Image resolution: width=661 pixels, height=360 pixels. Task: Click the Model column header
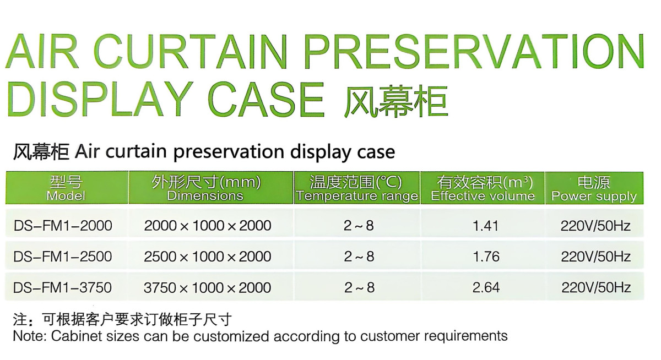(66, 188)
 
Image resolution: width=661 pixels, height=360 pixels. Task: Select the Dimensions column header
(206, 188)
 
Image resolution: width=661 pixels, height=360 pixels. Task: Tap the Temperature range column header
(357, 188)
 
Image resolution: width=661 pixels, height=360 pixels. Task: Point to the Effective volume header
(483, 188)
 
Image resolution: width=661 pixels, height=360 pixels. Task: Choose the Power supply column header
(594, 188)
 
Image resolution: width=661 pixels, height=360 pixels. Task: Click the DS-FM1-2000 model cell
(63, 226)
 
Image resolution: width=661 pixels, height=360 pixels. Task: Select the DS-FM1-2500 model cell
(63, 257)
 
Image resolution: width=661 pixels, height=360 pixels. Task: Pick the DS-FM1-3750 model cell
(63, 287)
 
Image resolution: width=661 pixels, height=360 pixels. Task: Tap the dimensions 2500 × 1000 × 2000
(208, 257)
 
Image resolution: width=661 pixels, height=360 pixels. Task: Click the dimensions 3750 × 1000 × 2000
(208, 287)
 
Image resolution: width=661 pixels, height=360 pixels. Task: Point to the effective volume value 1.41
(485, 226)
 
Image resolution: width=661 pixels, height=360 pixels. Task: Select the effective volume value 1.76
(486, 257)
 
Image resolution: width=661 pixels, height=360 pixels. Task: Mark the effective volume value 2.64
(486, 287)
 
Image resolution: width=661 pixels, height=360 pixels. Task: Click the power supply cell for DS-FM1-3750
(596, 287)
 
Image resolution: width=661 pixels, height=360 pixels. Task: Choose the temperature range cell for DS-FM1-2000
(359, 226)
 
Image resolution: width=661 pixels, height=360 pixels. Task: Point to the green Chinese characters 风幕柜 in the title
(395, 102)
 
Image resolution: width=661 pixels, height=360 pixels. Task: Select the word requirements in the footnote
(465, 337)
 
